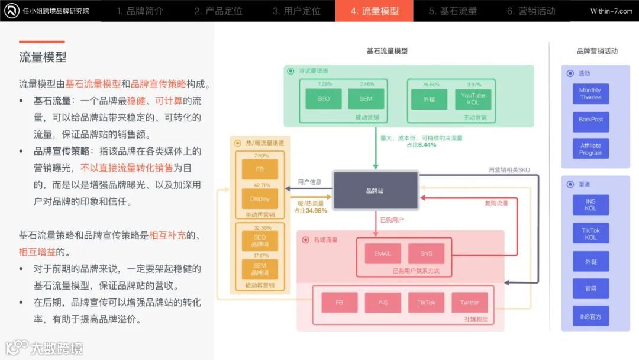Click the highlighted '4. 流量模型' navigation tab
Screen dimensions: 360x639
[374, 11]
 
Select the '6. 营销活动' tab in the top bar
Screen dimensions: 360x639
[531, 11]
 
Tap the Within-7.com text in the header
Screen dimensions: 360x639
[611, 11]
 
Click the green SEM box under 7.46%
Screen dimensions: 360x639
[366, 98]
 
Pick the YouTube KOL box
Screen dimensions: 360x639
[473, 98]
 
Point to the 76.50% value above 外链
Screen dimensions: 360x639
[431, 85]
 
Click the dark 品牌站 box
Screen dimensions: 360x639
[375, 191]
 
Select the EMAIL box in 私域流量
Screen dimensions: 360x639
[382, 253]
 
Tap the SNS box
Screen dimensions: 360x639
[426, 253]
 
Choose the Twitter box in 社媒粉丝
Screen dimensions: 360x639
[469, 303]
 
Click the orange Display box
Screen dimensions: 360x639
[260, 198]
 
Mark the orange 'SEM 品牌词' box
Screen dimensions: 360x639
[260, 269]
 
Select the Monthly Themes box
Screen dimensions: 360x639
[590, 94]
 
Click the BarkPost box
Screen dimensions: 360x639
[590, 120]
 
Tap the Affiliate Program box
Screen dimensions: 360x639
[590, 149]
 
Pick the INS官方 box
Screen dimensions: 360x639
[590, 317]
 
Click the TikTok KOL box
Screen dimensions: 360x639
[590, 233]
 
